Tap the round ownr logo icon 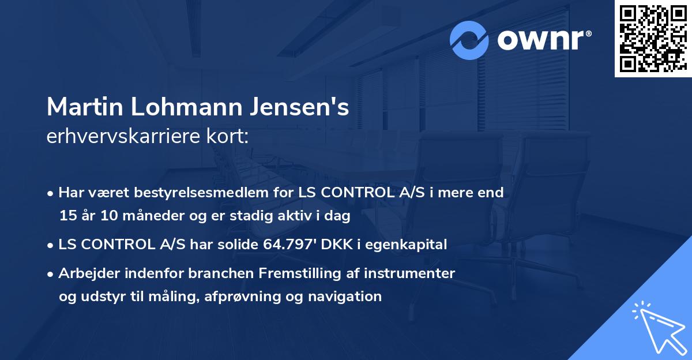(x=469, y=40)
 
